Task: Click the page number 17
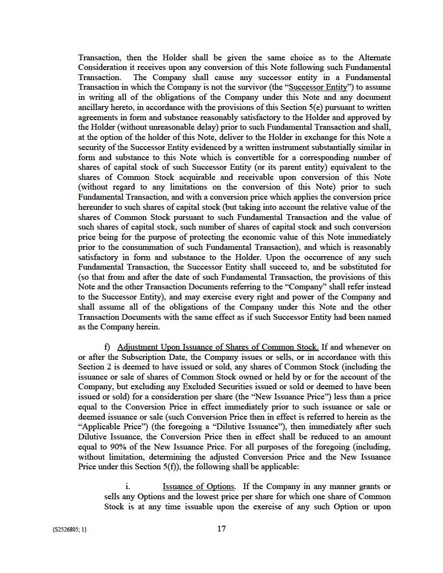(221, 529)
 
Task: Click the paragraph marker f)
(108, 347)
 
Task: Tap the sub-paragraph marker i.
(127, 487)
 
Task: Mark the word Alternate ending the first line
(374, 57)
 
